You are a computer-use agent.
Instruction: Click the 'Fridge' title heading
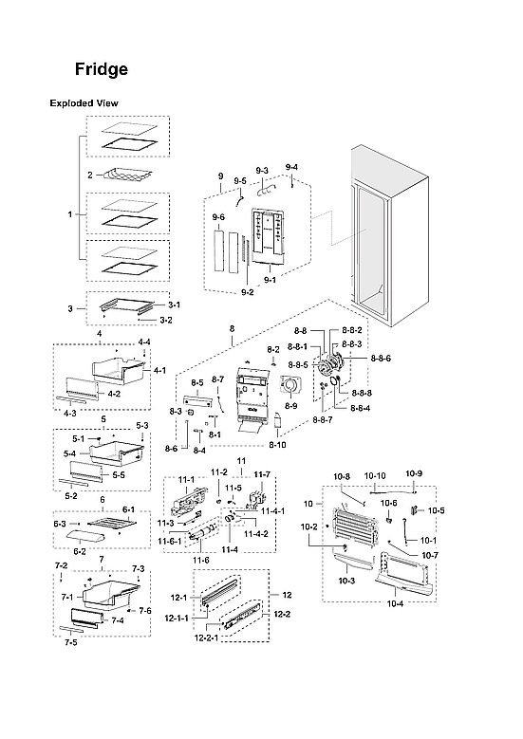102,69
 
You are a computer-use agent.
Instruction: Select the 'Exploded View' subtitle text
84,102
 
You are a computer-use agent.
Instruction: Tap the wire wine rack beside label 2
127,176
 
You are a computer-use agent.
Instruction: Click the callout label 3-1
175,305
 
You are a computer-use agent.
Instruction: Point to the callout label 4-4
144,342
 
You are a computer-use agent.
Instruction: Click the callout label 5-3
142,425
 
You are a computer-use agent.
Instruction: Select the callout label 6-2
80,550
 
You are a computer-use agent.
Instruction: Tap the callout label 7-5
71,642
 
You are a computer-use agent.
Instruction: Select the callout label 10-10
376,474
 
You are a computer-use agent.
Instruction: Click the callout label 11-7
263,474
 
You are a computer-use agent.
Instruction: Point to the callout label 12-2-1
207,637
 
